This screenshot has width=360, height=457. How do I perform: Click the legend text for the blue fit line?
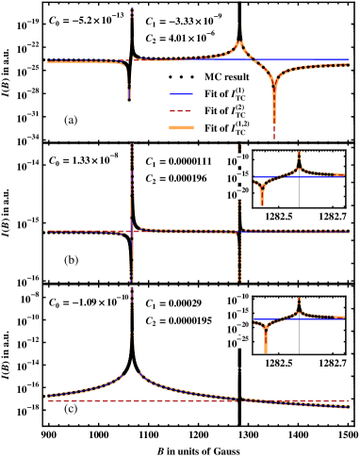pyautogui.click(x=233, y=94)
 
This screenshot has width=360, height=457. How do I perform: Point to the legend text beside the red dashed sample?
pyautogui.click(x=233, y=111)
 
